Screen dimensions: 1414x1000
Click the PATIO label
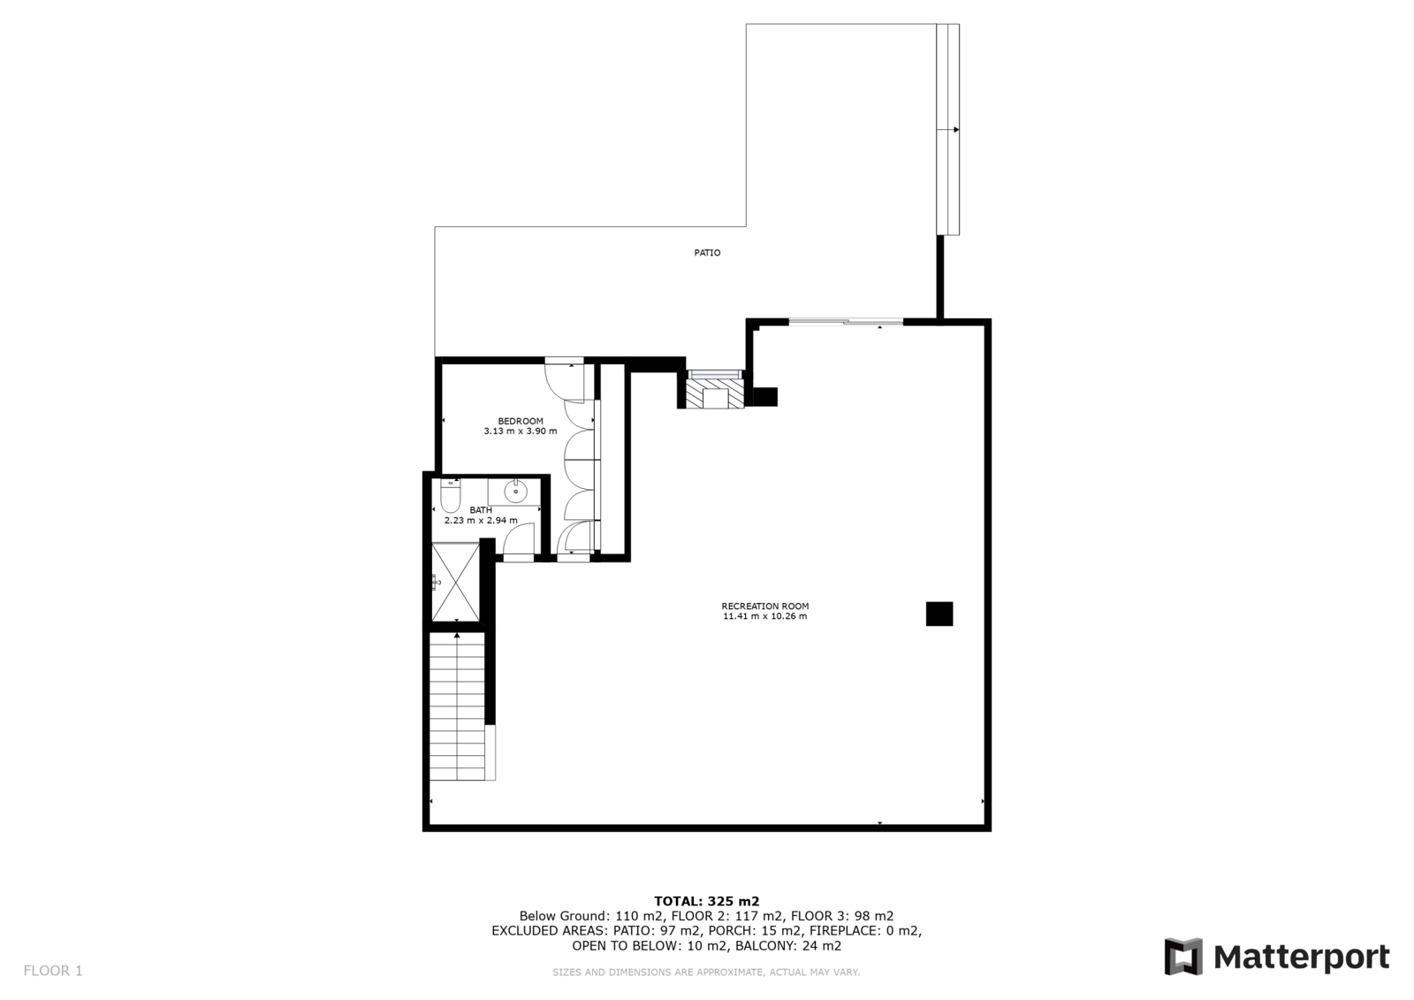(x=707, y=253)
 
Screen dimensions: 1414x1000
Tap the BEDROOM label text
(x=521, y=422)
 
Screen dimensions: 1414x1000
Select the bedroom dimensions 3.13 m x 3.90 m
(x=521, y=431)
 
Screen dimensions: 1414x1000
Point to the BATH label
(x=481, y=510)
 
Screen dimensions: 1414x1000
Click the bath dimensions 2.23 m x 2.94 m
(x=481, y=521)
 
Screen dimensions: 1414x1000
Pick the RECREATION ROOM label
(x=765, y=606)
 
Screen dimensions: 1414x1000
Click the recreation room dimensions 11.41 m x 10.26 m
(x=765, y=616)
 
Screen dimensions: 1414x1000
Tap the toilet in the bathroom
(x=450, y=496)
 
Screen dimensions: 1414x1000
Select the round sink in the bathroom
(x=515, y=492)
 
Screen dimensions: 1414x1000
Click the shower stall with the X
(x=455, y=582)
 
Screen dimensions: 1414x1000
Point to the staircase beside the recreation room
(x=458, y=706)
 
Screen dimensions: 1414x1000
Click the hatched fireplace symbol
(x=715, y=393)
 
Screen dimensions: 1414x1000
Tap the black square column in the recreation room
(x=939, y=614)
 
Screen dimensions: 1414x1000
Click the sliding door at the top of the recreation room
(x=846, y=322)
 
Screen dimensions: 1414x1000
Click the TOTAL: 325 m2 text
(x=706, y=902)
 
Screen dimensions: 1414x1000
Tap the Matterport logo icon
(x=1183, y=957)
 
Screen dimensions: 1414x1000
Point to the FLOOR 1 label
(x=53, y=971)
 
